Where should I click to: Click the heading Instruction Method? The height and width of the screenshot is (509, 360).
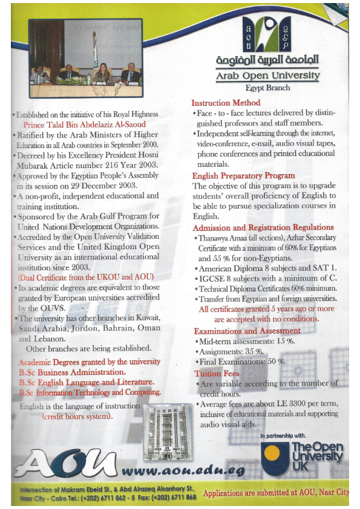click(226, 103)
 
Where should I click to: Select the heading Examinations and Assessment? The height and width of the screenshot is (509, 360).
click(247, 331)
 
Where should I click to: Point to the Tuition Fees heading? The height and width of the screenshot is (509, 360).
click(217, 374)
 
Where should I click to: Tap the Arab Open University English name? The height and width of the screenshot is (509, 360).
click(268, 76)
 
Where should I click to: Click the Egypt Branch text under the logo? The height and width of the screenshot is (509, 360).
click(268, 88)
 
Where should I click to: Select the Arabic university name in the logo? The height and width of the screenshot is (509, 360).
click(267, 61)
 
